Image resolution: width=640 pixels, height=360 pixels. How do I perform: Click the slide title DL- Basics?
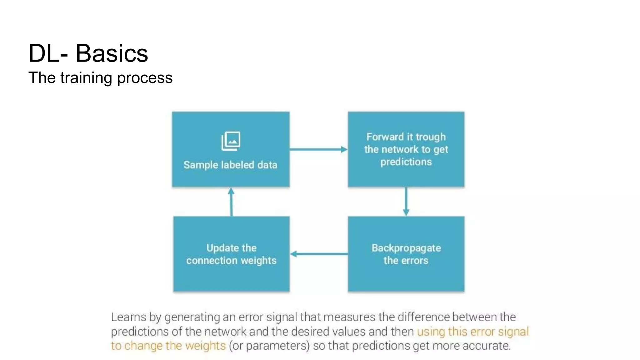[88, 53]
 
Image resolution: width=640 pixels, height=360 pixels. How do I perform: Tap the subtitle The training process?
[100, 78]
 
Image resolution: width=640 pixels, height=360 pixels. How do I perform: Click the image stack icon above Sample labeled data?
[231, 141]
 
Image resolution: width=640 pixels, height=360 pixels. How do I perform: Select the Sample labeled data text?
[230, 165]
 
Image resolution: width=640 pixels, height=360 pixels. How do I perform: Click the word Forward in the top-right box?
[385, 137]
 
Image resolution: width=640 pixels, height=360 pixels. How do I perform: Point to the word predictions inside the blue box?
[406, 162]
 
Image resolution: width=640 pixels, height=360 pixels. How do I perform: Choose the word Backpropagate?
[406, 248]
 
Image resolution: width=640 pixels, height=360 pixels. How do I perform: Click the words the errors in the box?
[406, 260]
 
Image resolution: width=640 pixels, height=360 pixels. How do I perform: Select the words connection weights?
[231, 260]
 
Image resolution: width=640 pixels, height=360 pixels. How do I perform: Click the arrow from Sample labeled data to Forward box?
[318, 149]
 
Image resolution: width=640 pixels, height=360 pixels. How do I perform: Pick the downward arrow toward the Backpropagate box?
[406, 202]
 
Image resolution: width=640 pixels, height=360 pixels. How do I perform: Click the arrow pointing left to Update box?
[318, 254]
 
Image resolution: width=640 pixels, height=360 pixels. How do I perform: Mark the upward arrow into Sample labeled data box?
[231, 202]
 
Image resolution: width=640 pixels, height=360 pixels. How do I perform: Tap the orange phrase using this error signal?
[472, 332]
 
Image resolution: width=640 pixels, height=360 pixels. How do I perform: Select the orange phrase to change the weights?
[168, 346]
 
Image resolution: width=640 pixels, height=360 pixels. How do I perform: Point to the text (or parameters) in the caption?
[269, 346]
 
